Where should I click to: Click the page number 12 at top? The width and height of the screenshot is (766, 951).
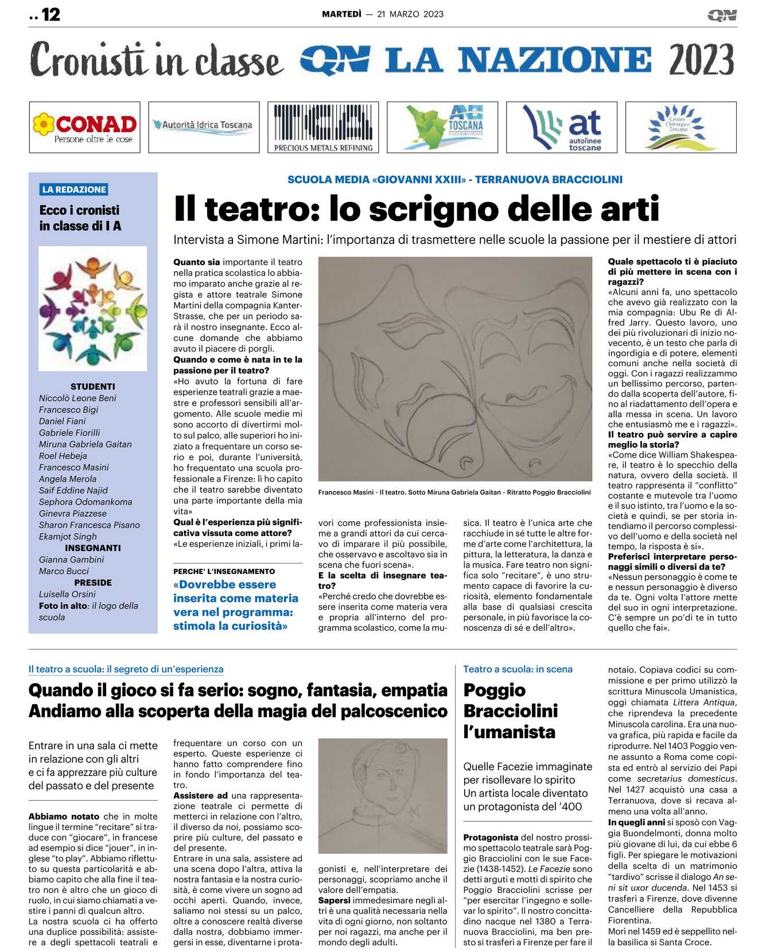tap(50, 14)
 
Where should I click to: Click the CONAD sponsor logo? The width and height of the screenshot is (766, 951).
tap(84, 127)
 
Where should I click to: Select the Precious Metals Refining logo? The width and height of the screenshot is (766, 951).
tap(323, 127)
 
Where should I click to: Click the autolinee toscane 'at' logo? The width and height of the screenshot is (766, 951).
tap(561, 127)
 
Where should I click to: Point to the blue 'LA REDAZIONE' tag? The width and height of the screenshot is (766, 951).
tap(74, 189)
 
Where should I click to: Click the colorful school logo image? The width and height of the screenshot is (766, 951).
tap(93, 308)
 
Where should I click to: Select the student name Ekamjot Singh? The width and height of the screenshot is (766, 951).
tap(68, 537)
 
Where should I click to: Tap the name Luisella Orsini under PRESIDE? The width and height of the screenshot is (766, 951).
tap(67, 594)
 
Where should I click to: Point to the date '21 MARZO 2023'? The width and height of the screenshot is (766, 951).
tap(410, 14)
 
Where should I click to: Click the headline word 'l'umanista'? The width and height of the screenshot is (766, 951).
tap(509, 732)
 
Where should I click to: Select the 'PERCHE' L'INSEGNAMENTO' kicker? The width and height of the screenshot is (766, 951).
tap(224, 572)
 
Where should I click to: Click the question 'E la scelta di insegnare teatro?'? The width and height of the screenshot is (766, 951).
tap(382, 580)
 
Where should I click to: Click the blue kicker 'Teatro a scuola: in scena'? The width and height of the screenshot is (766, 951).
tap(518, 669)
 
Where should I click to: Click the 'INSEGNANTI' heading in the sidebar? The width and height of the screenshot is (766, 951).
tap(92, 548)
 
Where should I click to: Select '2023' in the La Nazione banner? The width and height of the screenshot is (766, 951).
tap(701, 60)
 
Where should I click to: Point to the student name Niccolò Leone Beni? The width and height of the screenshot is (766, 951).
tap(77, 398)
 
